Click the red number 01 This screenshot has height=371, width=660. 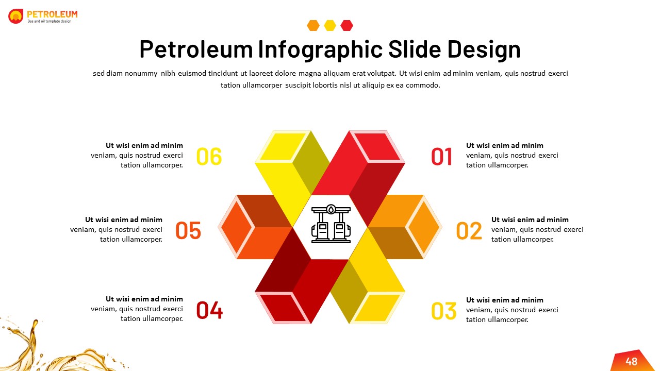[x=442, y=157]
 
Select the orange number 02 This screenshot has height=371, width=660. [x=469, y=231]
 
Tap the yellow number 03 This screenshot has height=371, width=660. [x=443, y=311]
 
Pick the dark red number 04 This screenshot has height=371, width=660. [x=209, y=310]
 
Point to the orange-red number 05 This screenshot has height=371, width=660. [x=188, y=231]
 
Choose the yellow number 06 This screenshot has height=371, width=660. [x=209, y=157]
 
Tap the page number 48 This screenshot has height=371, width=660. [x=631, y=362]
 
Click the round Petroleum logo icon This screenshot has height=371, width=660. [x=16, y=16]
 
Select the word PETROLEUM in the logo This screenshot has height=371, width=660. [x=52, y=14]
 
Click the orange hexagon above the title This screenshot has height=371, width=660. [x=313, y=25]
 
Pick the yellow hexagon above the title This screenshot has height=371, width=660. [x=330, y=25]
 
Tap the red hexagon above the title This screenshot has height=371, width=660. [x=347, y=25]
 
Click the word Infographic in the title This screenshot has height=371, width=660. [x=320, y=49]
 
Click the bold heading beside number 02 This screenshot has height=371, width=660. [x=530, y=220]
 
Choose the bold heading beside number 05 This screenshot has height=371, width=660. [x=124, y=220]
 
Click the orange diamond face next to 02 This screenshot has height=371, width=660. [x=423, y=227]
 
